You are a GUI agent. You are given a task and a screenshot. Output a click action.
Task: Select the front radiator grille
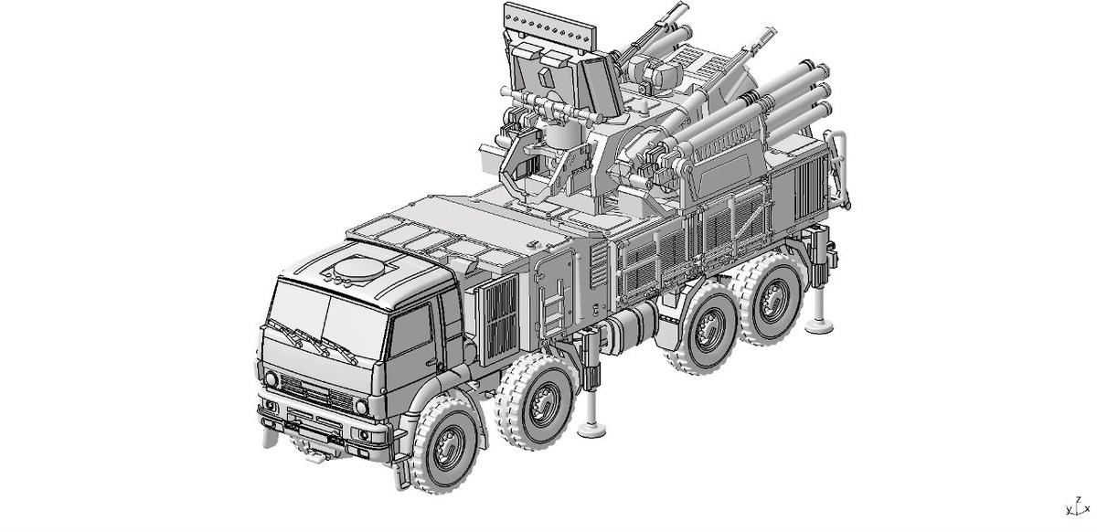[x=316, y=391]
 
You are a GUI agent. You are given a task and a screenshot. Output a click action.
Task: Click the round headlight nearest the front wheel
[x=361, y=407]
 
